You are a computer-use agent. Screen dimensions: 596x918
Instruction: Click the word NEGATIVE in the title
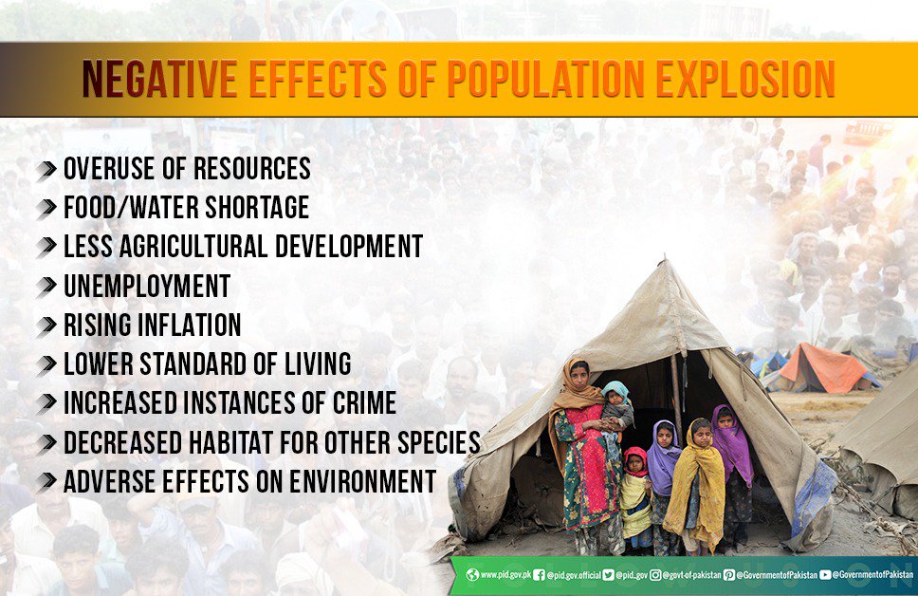tap(159, 79)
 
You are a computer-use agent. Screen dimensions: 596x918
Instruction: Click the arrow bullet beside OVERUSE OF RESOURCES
tap(47, 171)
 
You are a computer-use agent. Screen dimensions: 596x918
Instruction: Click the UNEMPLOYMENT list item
tap(146, 286)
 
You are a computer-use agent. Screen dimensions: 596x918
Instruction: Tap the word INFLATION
tap(186, 325)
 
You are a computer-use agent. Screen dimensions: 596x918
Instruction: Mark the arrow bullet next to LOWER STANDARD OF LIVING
tap(47, 363)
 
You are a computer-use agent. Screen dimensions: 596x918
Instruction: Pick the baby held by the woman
tap(615, 403)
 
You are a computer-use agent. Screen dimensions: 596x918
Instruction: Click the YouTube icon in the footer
tap(825, 574)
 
